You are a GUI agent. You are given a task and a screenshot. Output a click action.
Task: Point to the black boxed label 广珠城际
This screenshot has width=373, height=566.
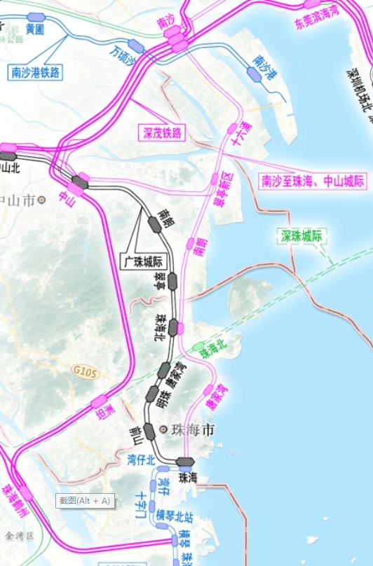(x=148, y=262)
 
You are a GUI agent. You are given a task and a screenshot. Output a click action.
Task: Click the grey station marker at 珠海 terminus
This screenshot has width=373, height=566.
(x=185, y=462)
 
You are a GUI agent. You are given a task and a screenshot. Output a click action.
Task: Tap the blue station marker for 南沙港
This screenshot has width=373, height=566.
(x=254, y=73)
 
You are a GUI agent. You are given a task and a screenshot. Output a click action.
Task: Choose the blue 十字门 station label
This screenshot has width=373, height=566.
(x=142, y=505)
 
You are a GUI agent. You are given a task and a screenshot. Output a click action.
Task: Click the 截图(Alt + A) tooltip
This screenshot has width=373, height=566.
(x=84, y=500)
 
